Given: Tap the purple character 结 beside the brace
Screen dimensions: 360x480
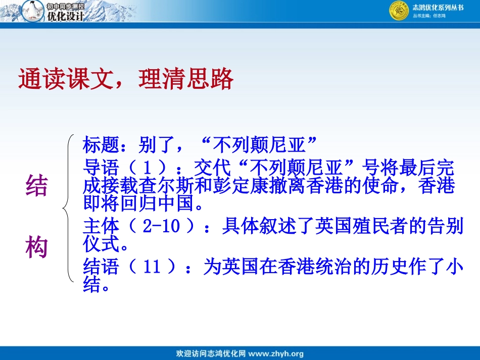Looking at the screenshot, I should coord(36,186).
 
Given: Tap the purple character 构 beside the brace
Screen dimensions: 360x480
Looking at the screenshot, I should coord(36,248).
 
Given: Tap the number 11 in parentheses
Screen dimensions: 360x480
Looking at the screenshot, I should coord(152,267).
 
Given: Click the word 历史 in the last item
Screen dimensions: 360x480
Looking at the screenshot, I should coord(362,267).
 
